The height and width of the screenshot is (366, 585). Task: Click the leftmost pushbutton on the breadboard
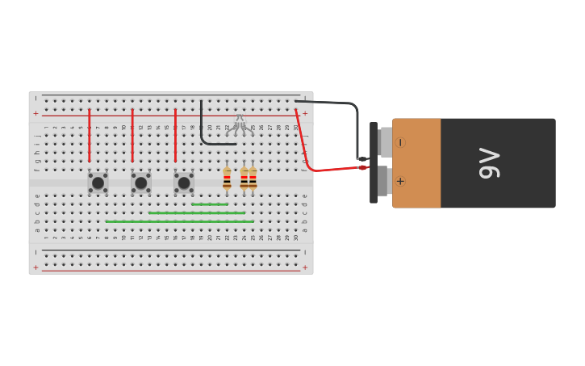[x=98, y=183]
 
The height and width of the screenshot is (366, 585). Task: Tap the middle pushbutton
[x=141, y=183]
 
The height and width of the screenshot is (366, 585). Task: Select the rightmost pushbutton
[x=184, y=183]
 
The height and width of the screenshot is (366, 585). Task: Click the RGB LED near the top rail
[x=239, y=123]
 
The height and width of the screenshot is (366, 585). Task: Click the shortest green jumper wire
[x=210, y=204]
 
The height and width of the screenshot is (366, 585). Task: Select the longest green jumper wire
[x=179, y=221]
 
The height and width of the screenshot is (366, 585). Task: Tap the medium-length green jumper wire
[x=197, y=213]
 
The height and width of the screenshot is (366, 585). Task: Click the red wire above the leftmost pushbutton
[x=90, y=136]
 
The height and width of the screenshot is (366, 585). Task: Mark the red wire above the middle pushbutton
[x=132, y=136]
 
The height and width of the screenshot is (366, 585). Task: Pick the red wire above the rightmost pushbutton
[x=175, y=136]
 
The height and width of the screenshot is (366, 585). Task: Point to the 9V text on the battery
[x=489, y=163]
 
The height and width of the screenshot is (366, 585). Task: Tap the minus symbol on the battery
[x=400, y=143]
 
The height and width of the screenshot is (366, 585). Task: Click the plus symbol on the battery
[x=400, y=181]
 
